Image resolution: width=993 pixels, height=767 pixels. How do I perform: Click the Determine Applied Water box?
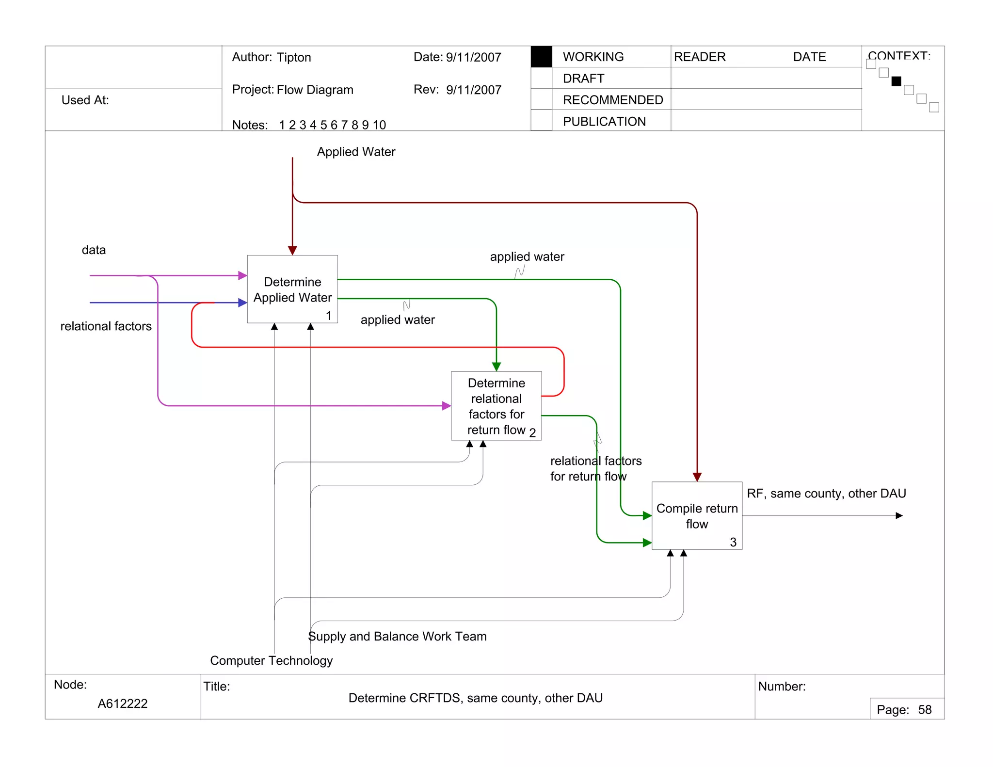pos(292,289)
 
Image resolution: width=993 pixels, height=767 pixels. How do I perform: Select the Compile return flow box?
pos(697,516)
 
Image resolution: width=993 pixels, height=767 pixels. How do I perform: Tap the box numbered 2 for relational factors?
pos(496,406)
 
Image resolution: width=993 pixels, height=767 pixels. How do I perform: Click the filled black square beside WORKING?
pos(542,57)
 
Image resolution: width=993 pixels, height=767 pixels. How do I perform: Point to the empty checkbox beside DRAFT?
pos(542,78)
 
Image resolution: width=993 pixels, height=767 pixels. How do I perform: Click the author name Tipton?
pos(294,57)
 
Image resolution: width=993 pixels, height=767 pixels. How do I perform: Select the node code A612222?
pos(123,703)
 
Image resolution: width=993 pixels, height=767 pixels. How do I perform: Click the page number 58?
pos(925,710)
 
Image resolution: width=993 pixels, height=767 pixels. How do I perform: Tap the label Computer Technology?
pos(271,660)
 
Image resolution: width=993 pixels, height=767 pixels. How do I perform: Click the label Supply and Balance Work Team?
pos(397,636)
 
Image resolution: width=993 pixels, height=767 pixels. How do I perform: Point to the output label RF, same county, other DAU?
pos(826,494)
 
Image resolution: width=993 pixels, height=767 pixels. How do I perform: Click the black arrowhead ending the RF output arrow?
pos(899,515)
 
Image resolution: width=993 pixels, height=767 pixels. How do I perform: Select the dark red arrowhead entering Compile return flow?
pos(697,477)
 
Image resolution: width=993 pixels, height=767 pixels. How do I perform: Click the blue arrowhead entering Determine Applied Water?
pos(243,303)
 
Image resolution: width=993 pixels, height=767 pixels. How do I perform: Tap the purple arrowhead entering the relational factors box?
pos(447,406)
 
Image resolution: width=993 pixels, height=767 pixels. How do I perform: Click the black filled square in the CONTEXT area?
pos(896,81)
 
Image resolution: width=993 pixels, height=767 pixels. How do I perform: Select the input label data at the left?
pos(94,250)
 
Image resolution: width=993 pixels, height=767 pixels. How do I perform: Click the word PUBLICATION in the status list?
pos(604,122)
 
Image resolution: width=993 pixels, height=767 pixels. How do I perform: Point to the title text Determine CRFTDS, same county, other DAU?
pos(475,698)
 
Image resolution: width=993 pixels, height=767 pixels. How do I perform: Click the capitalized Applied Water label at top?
pos(356,152)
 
